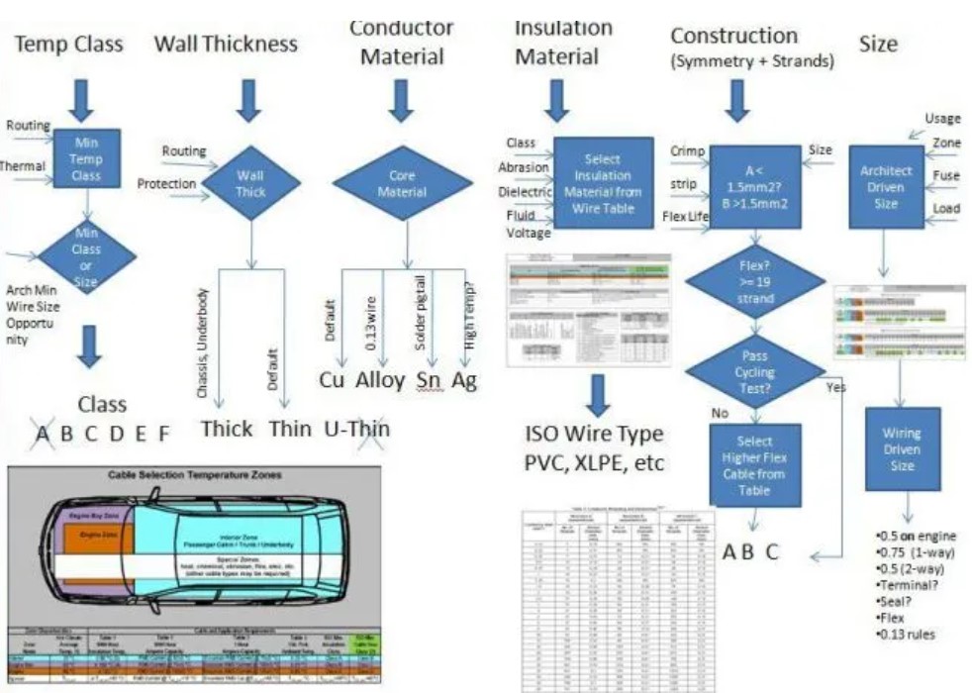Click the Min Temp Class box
click(x=87, y=159)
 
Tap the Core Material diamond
click(x=402, y=183)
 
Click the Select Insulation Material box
click(x=603, y=183)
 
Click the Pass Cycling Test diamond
click(x=754, y=367)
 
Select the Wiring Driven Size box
click(x=902, y=447)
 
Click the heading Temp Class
click(x=69, y=44)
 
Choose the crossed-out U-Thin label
click(x=357, y=429)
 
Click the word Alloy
click(x=380, y=379)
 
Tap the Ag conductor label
click(x=465, y=379)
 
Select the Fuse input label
click(x=945, y=176)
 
